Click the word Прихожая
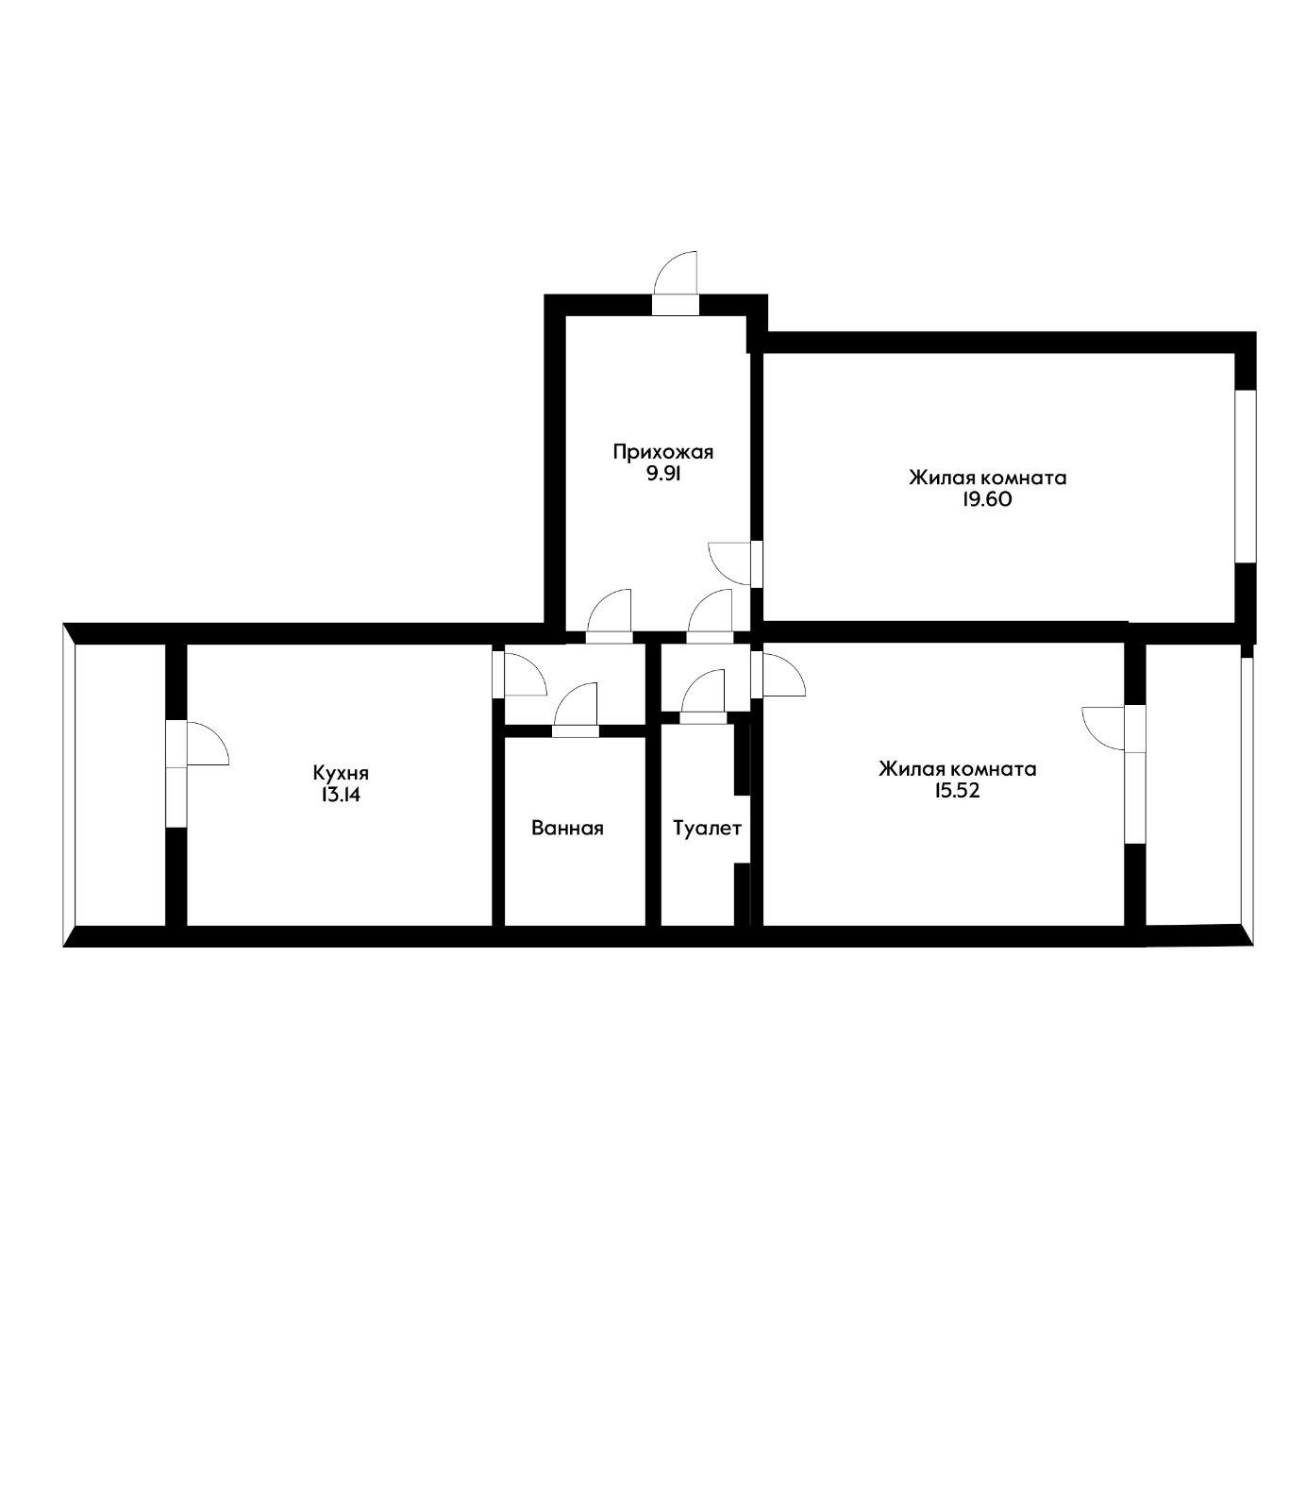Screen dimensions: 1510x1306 pos(662,452)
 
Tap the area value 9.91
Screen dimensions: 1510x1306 pos(662,475)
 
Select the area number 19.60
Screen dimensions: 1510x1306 pos(987,500)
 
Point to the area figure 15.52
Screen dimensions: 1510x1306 pos(957,791)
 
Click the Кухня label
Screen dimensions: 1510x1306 pos(340,772)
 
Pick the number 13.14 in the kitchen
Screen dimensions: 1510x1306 pos(340,795)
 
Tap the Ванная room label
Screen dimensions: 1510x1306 pos(567,829)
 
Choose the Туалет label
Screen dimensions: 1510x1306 pos(707,829)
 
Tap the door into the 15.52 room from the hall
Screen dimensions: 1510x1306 pos(778,672)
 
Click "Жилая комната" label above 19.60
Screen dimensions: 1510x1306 pos(987,478)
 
